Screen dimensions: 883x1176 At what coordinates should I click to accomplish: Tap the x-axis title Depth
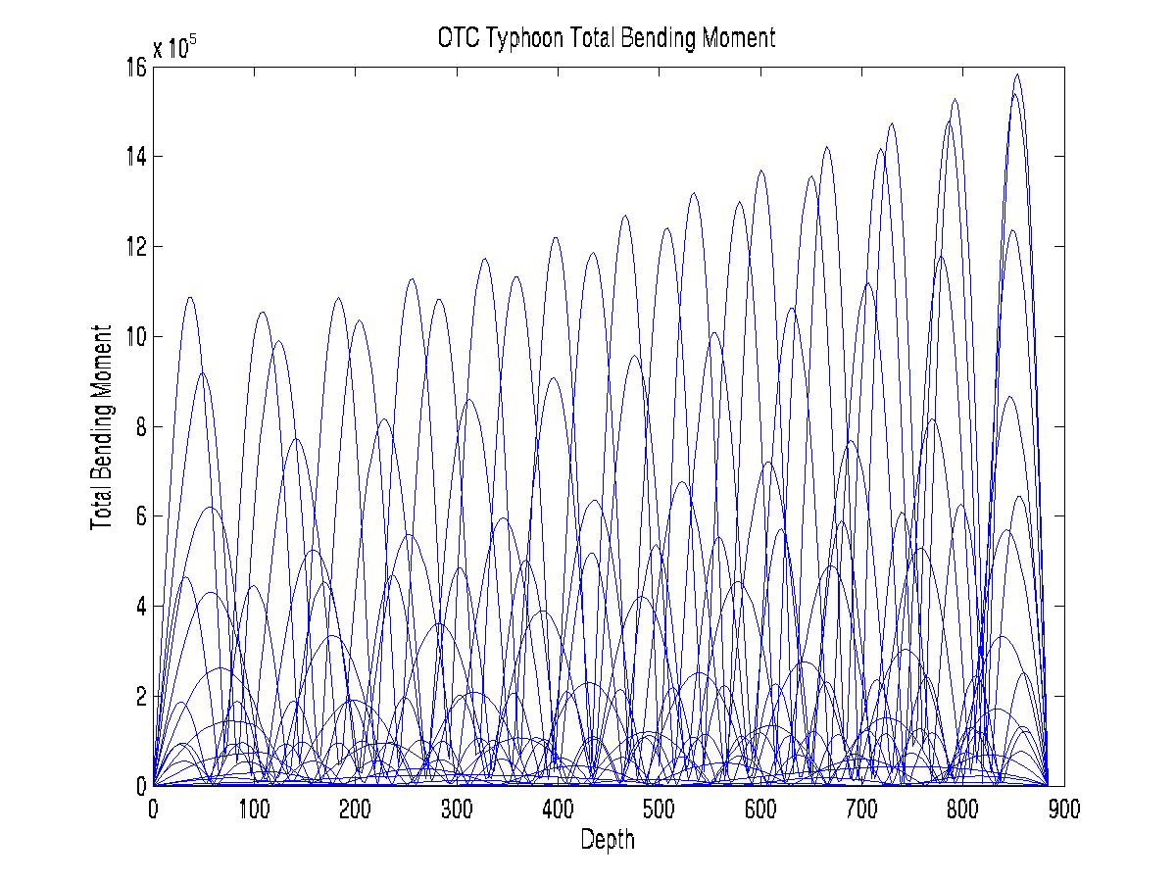pyautogui.click(x=608, y=840)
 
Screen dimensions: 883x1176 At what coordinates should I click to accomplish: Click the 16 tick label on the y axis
pyautogui.click(x=135, y=67)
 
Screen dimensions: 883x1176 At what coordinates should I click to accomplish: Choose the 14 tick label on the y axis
pyautogui.click(x=135, y=157)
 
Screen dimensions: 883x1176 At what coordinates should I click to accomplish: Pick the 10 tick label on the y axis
pyautogui.click(x=135, y=336)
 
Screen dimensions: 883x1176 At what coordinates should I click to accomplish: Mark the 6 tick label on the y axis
pyautogui.click(x=140, y=516)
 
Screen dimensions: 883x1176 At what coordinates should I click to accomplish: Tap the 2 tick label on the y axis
pyautogui.click(x=140, y=696)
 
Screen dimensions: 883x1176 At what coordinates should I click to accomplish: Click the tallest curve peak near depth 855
pyautogui.click(x=1017, y=74)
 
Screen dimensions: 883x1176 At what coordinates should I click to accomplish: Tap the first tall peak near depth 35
pyautogui.click(x=189, y=297)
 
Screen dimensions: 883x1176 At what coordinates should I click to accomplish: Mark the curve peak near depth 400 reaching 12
pyautogui.click(x=556, y=237)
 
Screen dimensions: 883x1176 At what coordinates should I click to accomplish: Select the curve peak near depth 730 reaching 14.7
pyautogui.click(x=892, y=123)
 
